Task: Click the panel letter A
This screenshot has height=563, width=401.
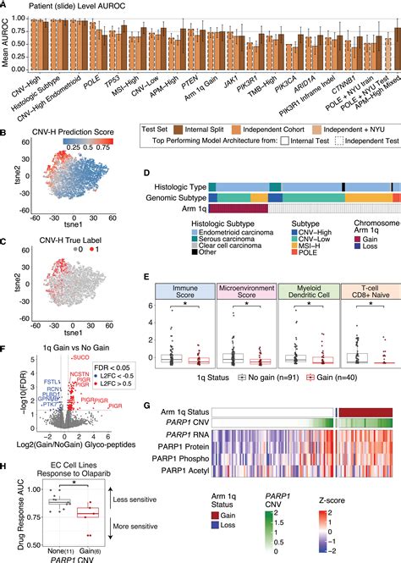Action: tap(5, 6)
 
